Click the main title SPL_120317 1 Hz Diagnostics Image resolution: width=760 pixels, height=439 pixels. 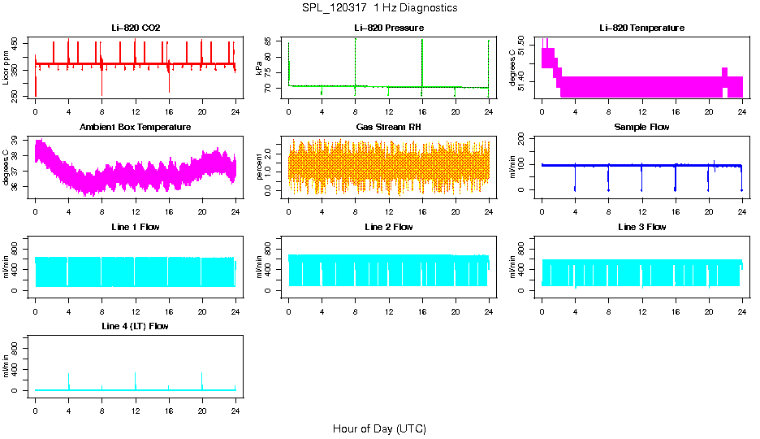pyautogui.click(x=379, y=7)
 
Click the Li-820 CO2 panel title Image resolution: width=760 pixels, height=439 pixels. pyautogui.click(x=136, y=28)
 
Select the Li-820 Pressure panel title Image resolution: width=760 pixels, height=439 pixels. pyautogui.click(x=389, y=28)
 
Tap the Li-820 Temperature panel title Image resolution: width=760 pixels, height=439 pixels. pyautogui.click(x=641, y=28)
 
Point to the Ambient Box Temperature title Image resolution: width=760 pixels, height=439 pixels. pyautogui.click(x=136, y=128)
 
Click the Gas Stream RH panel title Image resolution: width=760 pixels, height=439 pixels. pyautogui.click(x=389, y=128)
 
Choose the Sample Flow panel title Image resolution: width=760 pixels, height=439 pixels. pyautogui.click(x=641, y=128)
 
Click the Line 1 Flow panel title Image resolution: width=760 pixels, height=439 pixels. pyautogui.click(x=136, y=227)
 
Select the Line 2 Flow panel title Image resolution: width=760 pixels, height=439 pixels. pyautogui.click(x=389, y=227)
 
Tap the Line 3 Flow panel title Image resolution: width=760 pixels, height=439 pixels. pyautogui.click(x=641, y=227)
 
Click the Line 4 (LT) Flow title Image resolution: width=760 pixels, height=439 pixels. pyautogui.click(x=136, y=326)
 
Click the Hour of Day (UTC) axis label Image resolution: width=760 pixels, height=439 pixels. pyautogui.click(x=379, y=428)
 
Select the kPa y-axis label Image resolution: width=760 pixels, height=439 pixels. pyautogui.click(x=259, y=68)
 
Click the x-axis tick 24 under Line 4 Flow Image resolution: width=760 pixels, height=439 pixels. pyautogui.click(x=235, y=403)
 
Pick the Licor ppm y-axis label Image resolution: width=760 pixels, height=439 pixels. pyautogui.click(x=6, y=68)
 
